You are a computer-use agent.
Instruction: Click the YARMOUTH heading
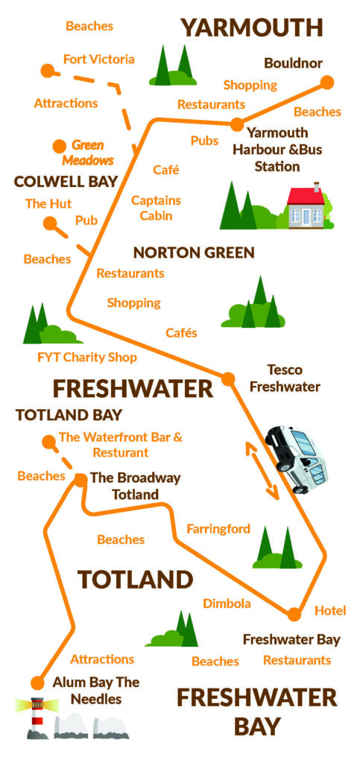tap(252, 28)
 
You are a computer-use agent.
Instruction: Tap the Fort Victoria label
tap(99, 59)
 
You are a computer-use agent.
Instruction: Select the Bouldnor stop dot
tap(326, 82)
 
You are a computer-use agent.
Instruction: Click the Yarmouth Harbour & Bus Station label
tap(277, 150)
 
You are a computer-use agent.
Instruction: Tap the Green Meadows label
tap(88, 152)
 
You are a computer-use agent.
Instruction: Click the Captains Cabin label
tap(157, 208)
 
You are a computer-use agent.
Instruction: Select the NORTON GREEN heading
tap(194, 253)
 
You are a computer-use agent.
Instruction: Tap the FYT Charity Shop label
tap(87, 357)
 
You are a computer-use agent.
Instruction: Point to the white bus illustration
tap(298, 458)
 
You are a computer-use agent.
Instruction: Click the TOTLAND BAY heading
tap(69, 414)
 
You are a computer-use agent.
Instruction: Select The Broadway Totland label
tap(135, 486)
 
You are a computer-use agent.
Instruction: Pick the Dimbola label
tap(227, 603)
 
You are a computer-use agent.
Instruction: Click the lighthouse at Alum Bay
tap(36, 716)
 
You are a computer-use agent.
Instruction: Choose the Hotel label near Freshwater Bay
tap(330, 611)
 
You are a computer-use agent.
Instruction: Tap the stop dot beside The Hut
tap(50, 222)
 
